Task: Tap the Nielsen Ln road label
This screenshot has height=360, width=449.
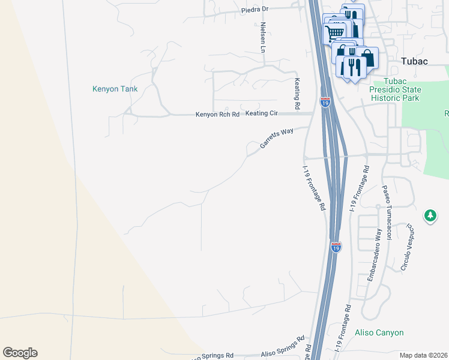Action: [x=263, y=37]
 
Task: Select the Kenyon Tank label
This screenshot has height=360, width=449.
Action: [x=115, y=89]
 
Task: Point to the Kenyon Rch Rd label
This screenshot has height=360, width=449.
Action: [x=217, y=115]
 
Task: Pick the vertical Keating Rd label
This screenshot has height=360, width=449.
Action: [x=297, y=92]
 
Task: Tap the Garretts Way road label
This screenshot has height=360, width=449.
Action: [x=276, y=137]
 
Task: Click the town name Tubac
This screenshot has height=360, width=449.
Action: [x=415, y=62]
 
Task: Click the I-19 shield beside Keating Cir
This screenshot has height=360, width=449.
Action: [x=325, y=103]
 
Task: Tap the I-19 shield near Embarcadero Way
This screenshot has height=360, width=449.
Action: [x=336, y=247]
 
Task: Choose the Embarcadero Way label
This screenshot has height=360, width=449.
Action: [x=374, y=254]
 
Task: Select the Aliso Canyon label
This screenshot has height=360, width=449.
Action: [x=379, y=332]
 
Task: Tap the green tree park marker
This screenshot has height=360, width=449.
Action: [x=430, y=215]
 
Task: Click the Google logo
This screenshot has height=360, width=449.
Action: [x=20, y=353]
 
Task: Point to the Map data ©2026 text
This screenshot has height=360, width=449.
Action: [x=423, y=355]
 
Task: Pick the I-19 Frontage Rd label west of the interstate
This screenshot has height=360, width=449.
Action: [x=314, y=188]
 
